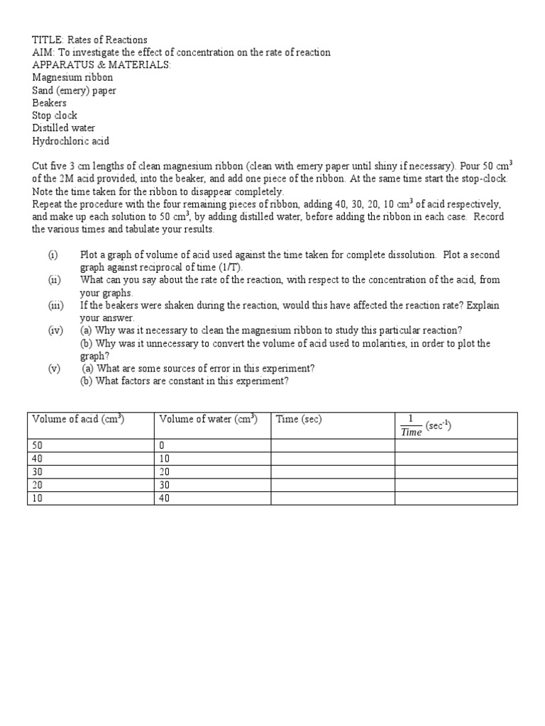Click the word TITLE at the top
(x=45, y=40)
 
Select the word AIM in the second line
(x=42, y=53)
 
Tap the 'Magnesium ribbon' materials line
(x=72, y=78)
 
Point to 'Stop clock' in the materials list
(x=55, y=116)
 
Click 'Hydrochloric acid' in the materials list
(x=71, y=141)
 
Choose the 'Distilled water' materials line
(x=64, y=128)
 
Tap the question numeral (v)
(x=55, y=369)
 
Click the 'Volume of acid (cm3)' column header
(x=79, y=419)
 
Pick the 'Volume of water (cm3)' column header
(x=208, y=419)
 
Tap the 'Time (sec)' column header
(x=299, y=419)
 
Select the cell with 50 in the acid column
(x=38, y=445)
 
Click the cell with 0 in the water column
(x=162, y=445)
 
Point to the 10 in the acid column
(x=38, y=498)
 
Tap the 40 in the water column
(x=165, y=498)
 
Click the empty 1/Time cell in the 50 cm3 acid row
(x=456, y=445)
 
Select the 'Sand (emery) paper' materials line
(x=74, y=91)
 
